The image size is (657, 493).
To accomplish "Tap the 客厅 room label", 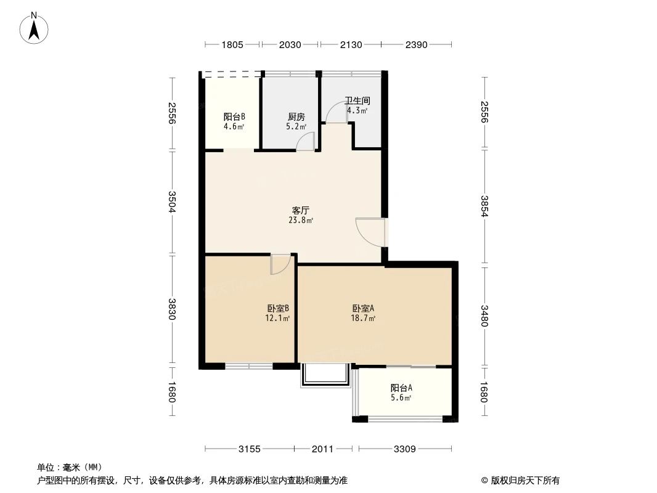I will tap(300, 210).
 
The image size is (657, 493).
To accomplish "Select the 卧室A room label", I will tap(364, 308).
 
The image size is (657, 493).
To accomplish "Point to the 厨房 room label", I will tap(296, 116).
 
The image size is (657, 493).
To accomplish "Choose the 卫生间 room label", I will tap(357, 100).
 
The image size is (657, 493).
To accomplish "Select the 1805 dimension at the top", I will tap(232, 44).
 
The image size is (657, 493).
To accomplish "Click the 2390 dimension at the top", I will tap(417, 44).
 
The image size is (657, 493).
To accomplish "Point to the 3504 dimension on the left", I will tap(172, 203).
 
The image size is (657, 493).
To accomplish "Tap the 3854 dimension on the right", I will tap(484, 208).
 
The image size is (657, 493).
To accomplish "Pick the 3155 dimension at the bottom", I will tap(250, 449).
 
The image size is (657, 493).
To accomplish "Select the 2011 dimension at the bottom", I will tap(322, 449).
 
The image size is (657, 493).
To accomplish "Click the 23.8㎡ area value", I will tap(300, 220).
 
